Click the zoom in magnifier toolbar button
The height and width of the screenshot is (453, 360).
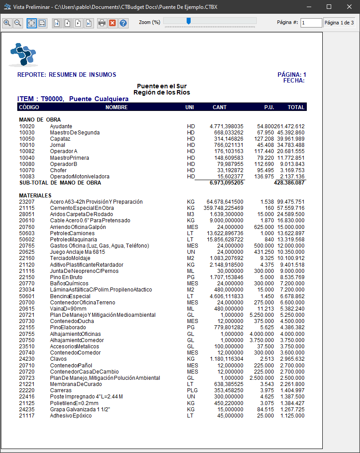click(7, 23)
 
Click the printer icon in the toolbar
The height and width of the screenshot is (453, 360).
click(102, 23)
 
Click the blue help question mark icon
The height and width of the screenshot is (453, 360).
click(123, 23)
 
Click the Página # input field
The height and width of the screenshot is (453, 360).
click(311, 23)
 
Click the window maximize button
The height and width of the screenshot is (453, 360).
click(329, 7)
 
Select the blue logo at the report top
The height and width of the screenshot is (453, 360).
click(23, 55)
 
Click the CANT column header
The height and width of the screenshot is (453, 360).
click(219, 107)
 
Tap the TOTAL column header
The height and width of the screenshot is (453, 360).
click(296, 107)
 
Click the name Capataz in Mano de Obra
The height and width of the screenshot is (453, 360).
click(60, 139)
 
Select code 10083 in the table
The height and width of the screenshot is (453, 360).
click(27, 177)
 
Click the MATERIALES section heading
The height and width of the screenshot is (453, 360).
click(35, 195)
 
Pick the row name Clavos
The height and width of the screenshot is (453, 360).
click(59, 359)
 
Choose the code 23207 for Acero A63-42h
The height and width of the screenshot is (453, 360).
click(27, 202)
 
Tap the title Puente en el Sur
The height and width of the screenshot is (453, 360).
click(161, 86)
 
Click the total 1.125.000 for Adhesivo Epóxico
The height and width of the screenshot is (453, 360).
click(292, 416)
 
